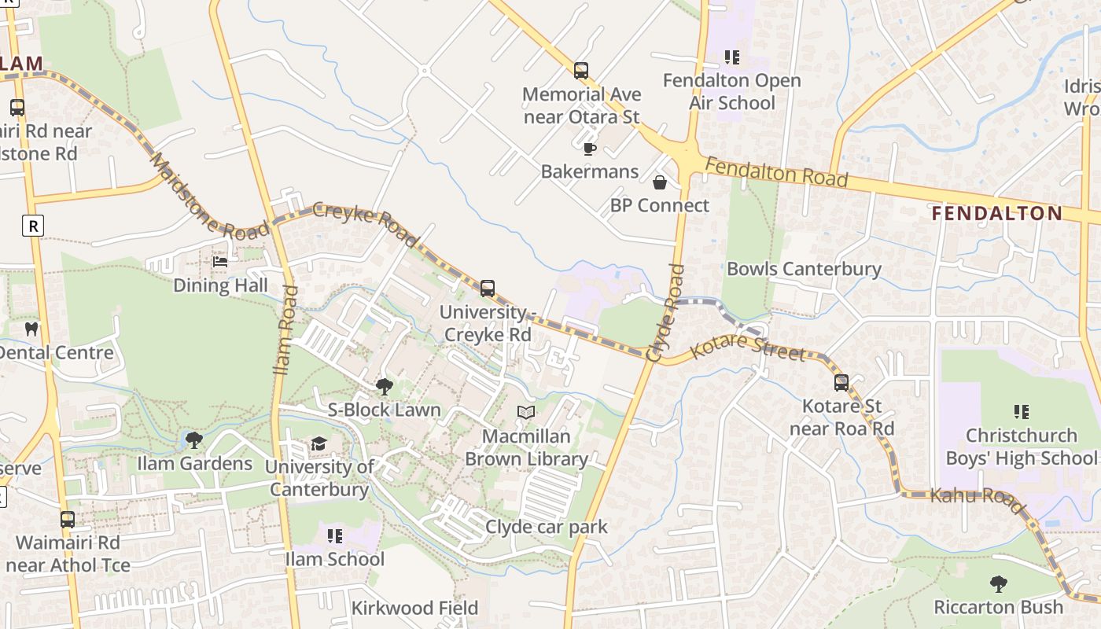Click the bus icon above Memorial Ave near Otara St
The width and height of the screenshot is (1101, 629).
tap(581, 71)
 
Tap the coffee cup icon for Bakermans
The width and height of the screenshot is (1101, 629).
tap(589, 148)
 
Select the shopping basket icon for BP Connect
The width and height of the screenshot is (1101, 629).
tap(660, 182)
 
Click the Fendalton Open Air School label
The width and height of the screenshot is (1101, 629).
tap(732, 91)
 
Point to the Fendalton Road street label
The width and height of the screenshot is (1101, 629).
tap(777, 171)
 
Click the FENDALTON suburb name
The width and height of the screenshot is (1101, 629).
tap(996, 213)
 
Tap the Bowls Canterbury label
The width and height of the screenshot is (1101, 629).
tap(804, 269)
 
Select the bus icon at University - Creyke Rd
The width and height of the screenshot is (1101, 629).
tap(488, 289)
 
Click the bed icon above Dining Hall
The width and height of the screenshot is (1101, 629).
tap(220, 261)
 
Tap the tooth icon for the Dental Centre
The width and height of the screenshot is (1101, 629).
tap(31, 329)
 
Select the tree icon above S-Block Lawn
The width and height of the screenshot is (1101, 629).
tap(385, 386)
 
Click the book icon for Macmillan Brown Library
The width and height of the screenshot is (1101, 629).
tap(526, 412)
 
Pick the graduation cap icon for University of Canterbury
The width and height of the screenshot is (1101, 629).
tap(319, 444)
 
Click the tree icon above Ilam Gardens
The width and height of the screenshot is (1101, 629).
tap(194, 440)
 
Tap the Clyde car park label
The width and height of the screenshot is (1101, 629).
tap(547, 527)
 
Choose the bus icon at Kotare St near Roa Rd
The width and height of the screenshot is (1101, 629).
tap(841, 383)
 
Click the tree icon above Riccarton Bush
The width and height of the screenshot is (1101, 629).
tap(998, 584)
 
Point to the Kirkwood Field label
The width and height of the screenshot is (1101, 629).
tap(414, 608)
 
